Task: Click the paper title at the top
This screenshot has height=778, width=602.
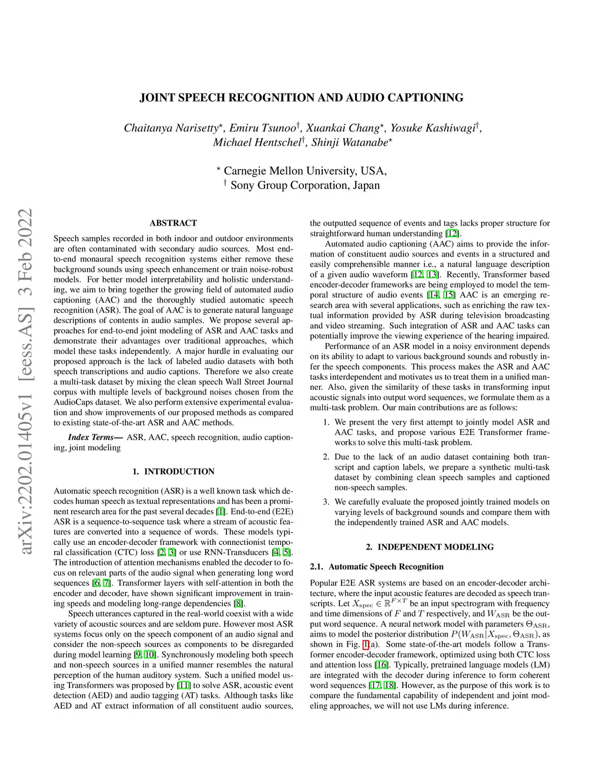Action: [x=301, y=97]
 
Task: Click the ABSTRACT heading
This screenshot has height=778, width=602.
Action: [x=173, y=223]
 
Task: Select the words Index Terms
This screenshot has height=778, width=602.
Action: [x=91, y=437]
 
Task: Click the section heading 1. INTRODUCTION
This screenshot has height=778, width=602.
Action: [x=173, y=471]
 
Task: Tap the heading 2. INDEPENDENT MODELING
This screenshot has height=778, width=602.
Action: [x=429, y=547]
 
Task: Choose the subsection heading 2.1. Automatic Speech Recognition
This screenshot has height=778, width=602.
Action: [x=376, y=567]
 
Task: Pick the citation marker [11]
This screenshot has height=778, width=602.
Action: [x=183, y=685]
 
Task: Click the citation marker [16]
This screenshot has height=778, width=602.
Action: [x=382, y=665]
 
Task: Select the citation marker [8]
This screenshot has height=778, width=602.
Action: [x=238, y=604]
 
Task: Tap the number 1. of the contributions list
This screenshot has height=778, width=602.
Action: [x=326, y=422]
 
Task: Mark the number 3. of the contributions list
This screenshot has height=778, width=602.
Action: [x=326, y=502]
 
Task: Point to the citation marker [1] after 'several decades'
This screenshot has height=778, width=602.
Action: [x=220, y=511]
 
